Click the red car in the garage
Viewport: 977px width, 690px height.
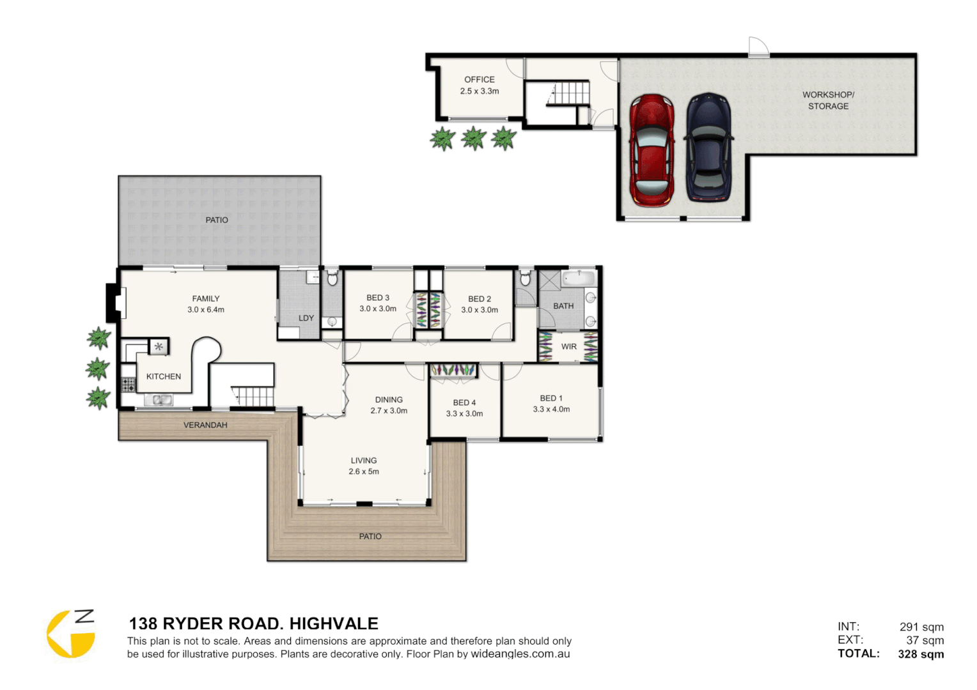(x=652, y=151)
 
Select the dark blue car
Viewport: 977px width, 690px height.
(x=708, y=148)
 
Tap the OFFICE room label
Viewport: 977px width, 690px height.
(x=479, y=80)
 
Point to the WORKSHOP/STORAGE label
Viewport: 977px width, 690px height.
(x=828, y=100)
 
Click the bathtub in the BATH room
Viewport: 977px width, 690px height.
(x=579, y=279)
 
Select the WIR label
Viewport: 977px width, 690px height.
(x=568, y=347)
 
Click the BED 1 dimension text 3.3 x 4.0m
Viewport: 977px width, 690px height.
(x=551, y=410)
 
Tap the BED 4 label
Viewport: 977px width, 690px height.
(x=464, y=402)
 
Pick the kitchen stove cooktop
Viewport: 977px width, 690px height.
(x=129, y=384)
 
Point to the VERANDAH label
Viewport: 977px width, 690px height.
(x=205, y=425)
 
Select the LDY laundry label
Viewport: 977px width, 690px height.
(x=306, y=318)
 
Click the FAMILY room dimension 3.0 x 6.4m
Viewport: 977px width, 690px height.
(x=206, y=310)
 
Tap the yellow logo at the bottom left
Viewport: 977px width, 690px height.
(x=70, y=634)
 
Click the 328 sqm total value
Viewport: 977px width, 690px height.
(x=921, y=654)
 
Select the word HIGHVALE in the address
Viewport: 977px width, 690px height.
(x=333, y=624)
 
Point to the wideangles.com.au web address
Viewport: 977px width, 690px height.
(x=520, y=654)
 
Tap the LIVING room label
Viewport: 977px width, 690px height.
(x=363, y=461)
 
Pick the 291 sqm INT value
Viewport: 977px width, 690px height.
(x=921, y=627)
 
